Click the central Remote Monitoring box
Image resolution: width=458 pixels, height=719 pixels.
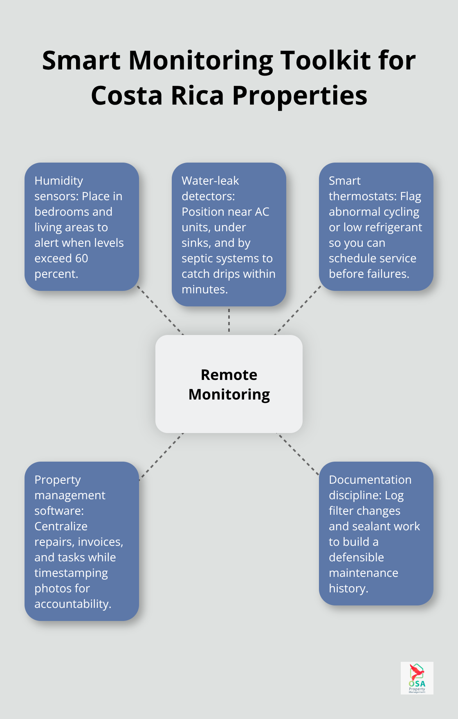[229, 384]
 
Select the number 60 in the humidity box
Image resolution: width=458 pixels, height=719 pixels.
[81, 258]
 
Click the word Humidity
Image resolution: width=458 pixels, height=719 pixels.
[59, 181]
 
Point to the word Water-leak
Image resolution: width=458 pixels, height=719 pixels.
[210, 181]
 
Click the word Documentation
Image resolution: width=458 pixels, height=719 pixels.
[370, 480]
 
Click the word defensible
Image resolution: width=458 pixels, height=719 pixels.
[356, 557]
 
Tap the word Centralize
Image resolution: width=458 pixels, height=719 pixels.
[61, 526]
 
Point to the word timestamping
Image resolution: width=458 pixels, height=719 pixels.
[71, 573]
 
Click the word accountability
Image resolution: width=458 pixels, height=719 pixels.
[72, 604]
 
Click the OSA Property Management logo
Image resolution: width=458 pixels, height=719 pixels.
[417, 678]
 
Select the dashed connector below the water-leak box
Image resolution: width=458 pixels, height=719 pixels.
[229, 320]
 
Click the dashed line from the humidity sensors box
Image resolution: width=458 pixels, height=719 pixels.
[160, 310]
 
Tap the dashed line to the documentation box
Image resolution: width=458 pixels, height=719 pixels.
[298, 454]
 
